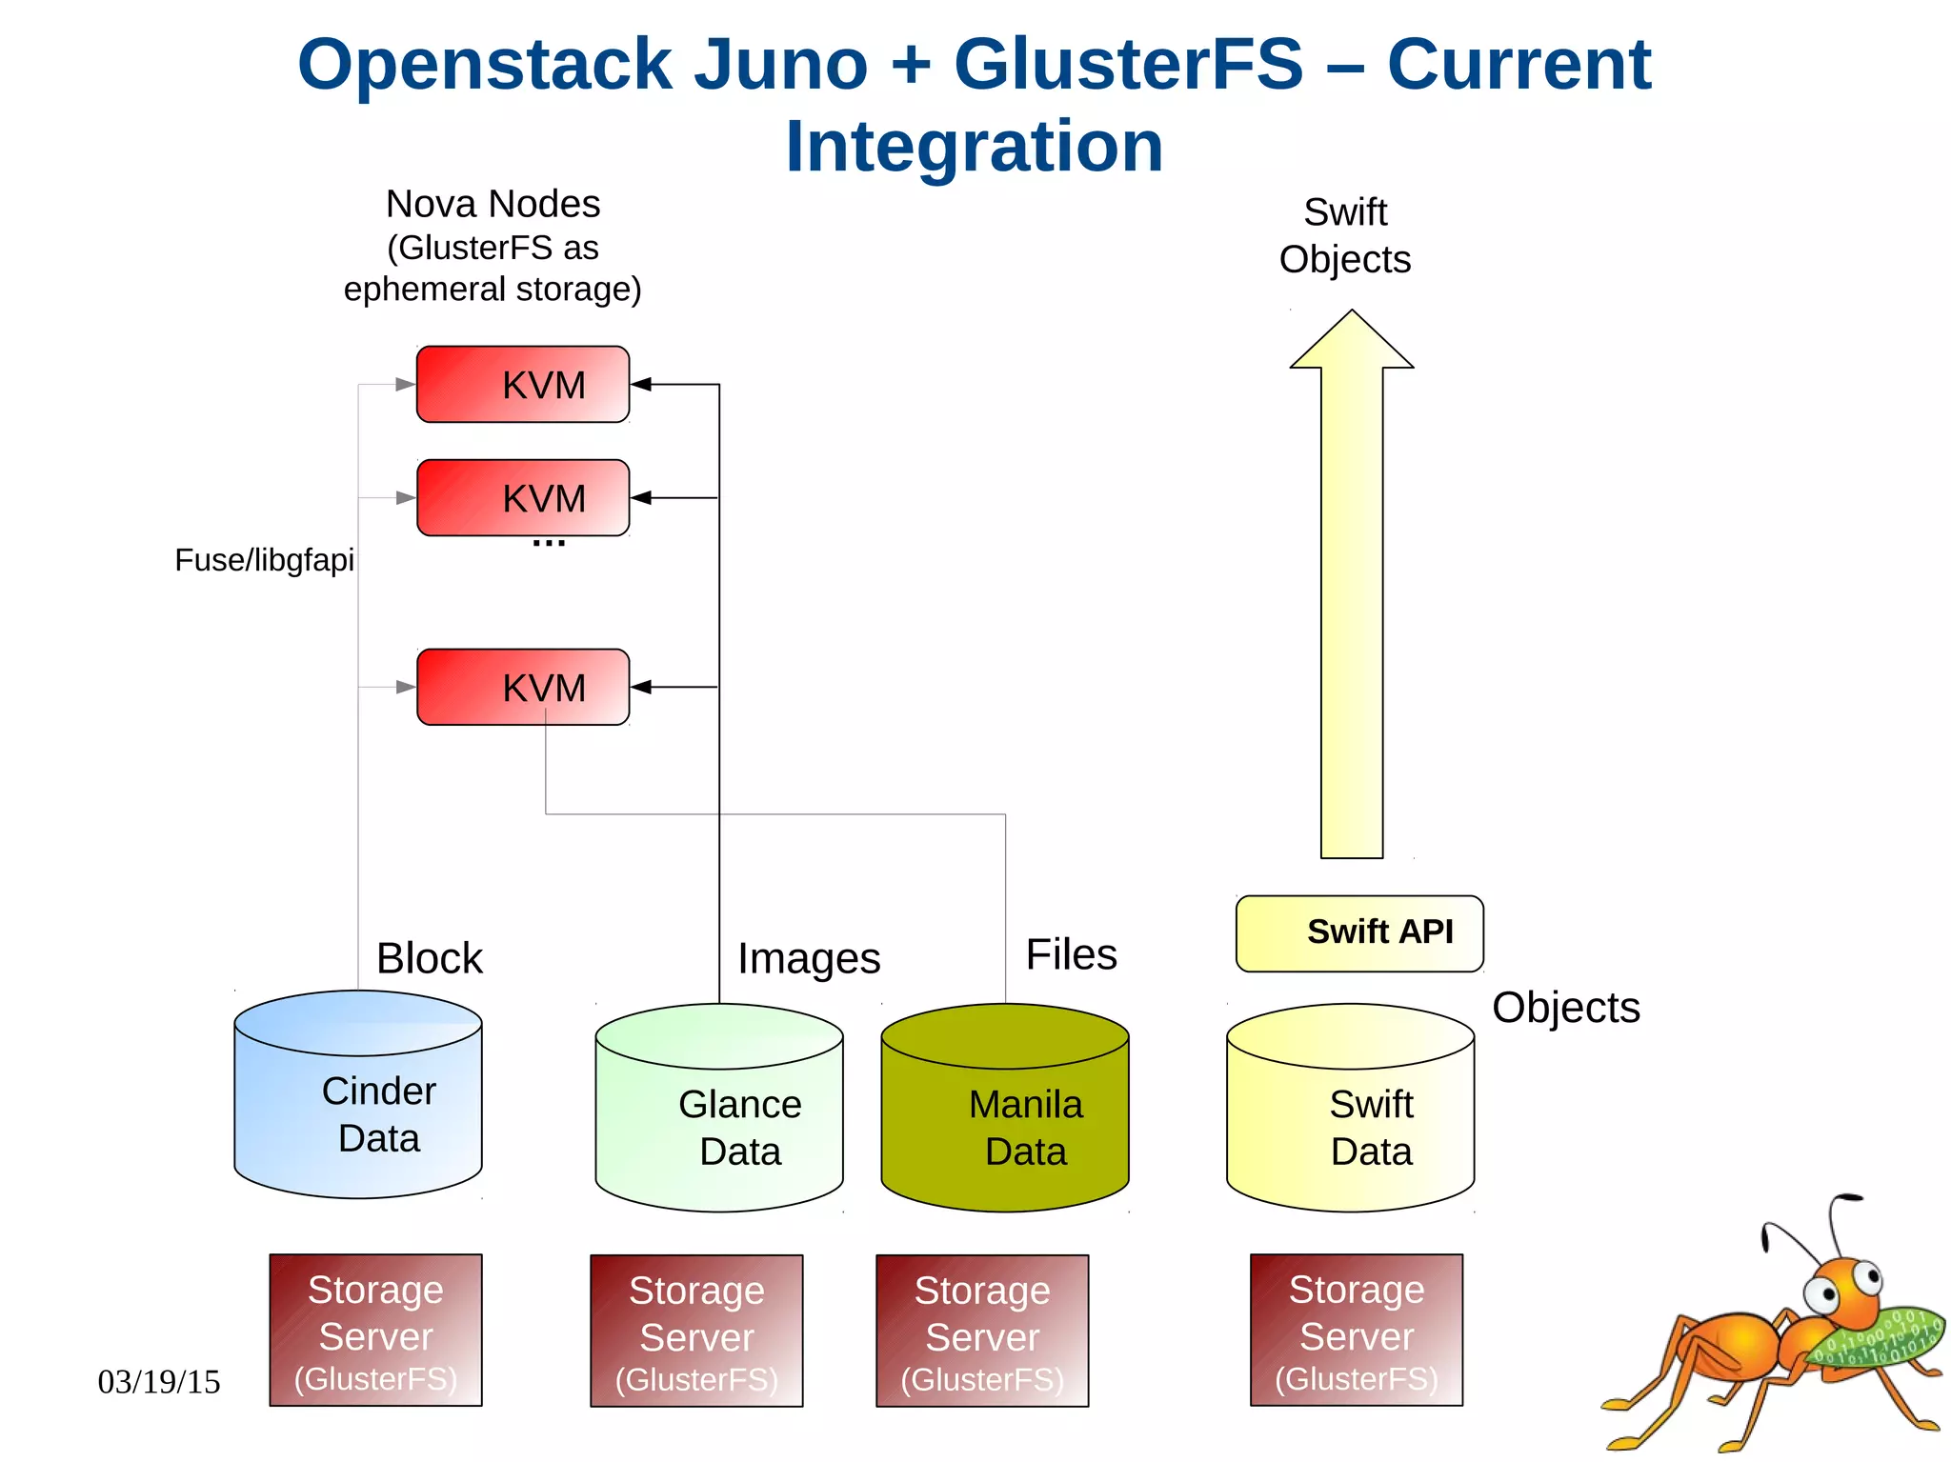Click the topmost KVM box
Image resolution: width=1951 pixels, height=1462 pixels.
tap(523, 384)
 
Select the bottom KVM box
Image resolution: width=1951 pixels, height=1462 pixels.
tap(523, 687)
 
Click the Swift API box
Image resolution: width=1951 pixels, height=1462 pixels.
tap(1359, 932)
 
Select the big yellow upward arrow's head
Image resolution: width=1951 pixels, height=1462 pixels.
tap(1351, 343)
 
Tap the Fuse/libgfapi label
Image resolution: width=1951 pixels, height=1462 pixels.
tap(264, 560)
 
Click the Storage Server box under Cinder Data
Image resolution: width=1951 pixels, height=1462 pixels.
tap(375, 1331)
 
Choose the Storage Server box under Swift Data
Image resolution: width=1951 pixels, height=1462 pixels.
tap(1356, 1331)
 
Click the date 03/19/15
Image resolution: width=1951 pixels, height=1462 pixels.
tap(159, 1382)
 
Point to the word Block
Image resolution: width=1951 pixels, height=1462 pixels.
tap(430, 958)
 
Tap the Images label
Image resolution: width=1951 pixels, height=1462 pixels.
tap(809, 959)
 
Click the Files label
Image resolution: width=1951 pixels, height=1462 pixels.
tap(1071, 954)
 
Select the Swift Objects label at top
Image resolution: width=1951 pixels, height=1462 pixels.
tap(1344, 235)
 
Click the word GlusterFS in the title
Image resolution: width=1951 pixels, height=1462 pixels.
tap(1128, 65)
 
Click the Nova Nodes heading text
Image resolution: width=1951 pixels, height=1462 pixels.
tap(493, 204)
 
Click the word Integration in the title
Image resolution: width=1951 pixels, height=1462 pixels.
tap(974, 147)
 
